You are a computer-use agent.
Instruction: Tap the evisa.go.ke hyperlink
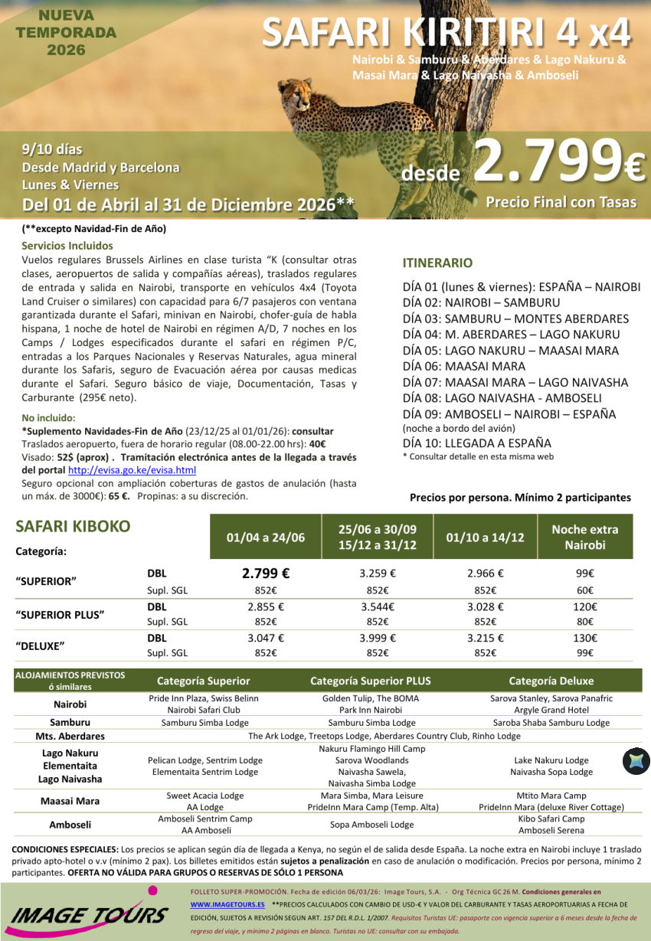point(132,470)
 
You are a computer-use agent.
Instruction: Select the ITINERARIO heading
point(437,263)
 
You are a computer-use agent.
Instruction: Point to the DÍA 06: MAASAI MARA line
point(463,366)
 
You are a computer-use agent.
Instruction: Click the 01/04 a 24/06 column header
point(265,537)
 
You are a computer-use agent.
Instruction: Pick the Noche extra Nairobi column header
point(584,537)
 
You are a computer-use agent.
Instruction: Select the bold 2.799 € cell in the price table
point(265,573)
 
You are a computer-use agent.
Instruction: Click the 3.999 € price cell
point(377,638)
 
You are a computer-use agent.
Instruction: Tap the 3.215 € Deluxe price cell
point(485,638)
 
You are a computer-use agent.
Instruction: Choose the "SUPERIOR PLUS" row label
point(60,614)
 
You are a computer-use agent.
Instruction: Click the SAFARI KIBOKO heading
point(73,527)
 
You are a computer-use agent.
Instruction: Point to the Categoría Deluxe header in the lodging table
point(551,681)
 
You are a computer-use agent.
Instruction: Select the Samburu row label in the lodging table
point(70,722)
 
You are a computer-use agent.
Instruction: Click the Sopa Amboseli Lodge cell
point(371,825)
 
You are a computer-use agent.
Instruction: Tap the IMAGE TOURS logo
point(90,914)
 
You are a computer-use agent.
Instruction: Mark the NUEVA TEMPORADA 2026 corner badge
point(66,33)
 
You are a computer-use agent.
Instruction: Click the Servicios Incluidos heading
point(67,246)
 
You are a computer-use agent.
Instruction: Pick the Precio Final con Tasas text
point(561,202)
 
